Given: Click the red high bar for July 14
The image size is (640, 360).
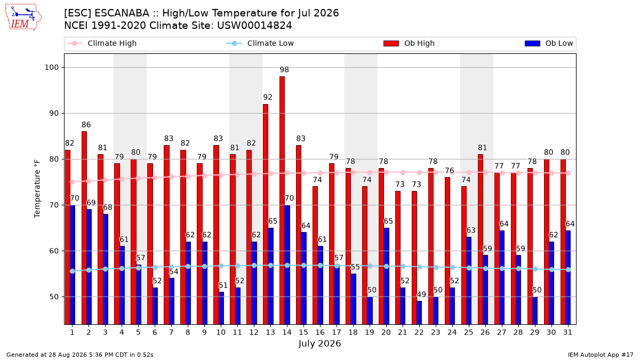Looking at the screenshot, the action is coord(282,201).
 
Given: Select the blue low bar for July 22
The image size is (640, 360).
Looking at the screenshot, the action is coord(419,313).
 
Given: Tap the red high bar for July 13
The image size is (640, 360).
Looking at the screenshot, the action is coord(266,214).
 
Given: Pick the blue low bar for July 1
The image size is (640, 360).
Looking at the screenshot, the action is coord(73,265).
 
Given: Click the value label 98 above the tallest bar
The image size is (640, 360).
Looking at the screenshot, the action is coord(284,70).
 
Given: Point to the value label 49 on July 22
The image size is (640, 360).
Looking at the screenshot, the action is coord(421,294).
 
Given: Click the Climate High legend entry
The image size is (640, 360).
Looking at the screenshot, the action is coord(101,43).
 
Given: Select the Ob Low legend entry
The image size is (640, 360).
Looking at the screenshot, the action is coord(549,43).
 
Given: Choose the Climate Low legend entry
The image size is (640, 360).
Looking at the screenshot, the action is coord(260,43).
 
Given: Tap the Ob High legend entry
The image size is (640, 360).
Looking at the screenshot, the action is coord(409,43).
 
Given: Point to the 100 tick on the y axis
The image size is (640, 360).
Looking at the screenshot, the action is coord(51,67).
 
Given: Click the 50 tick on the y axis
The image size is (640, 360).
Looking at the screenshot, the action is coord(54,297).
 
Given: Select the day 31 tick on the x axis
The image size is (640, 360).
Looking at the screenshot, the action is coord(567,332).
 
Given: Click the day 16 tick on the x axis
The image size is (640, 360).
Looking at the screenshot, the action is coord(320,332).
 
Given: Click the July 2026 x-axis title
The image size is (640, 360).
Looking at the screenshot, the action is coord(319,343).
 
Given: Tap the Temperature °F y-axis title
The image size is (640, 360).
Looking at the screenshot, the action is coord(37,189).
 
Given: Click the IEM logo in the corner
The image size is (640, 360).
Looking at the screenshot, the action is coord(23,18).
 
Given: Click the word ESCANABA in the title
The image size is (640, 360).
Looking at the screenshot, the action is coord(122,13).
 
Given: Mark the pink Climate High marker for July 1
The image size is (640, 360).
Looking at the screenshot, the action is coord(73,182).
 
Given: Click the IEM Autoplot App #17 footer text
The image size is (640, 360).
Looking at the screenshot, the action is coord(601,355).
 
